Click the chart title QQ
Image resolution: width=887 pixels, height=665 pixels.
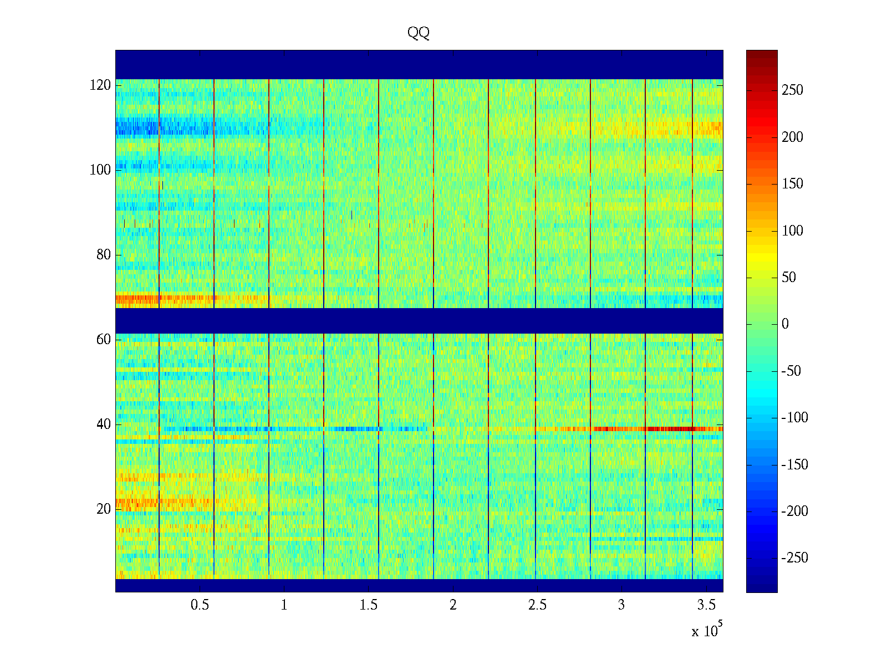419,33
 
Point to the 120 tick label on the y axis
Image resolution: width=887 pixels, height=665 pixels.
100,85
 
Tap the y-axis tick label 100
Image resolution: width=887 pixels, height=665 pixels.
100,170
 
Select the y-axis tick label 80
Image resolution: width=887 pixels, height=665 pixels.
104,255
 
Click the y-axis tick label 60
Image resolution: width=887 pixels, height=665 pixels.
104,340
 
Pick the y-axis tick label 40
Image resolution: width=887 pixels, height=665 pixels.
104,424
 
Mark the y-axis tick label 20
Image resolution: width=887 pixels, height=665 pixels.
104,509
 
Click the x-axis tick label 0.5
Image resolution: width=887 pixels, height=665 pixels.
200,605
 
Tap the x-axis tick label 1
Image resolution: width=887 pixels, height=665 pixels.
284,605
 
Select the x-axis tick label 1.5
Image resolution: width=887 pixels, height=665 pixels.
369,605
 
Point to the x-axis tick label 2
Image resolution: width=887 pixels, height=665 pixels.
453,605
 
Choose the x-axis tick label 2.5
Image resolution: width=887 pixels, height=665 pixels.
537,605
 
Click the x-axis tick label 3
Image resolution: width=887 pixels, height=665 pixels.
621,605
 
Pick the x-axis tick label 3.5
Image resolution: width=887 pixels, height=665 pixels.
706,605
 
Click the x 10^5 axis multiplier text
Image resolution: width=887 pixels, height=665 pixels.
706,631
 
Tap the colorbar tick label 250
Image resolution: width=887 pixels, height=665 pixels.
792,90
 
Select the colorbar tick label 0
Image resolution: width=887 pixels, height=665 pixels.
785,324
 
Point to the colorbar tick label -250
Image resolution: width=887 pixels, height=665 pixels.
794,558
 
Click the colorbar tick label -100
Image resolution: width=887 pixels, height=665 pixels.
794,418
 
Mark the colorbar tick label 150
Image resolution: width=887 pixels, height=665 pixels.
792,184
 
